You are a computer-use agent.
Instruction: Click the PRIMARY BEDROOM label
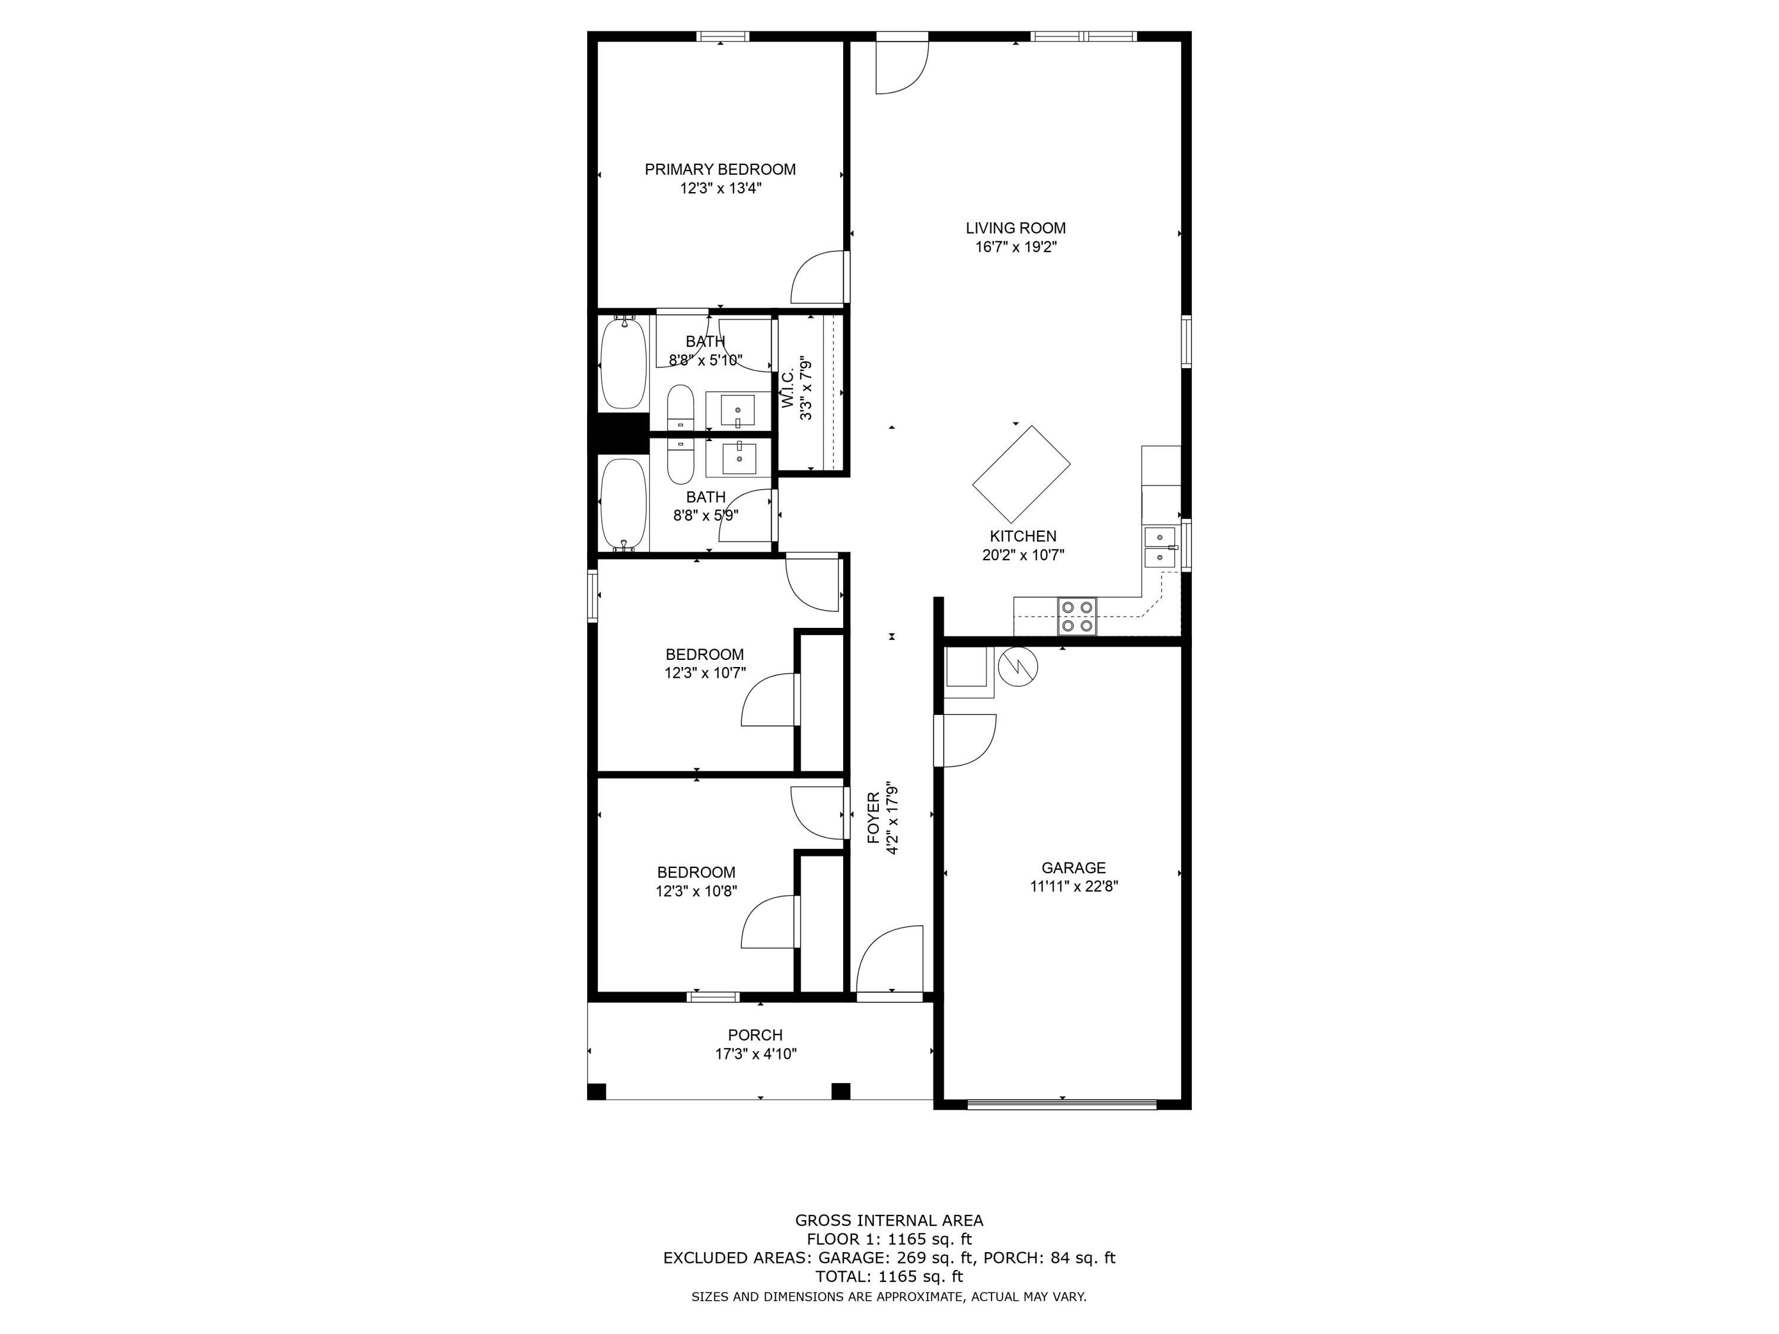point(720,170)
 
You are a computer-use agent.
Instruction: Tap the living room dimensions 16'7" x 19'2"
point(1016,247)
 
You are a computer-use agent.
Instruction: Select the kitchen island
point(1021,474)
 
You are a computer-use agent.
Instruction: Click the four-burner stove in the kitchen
point(1077,616)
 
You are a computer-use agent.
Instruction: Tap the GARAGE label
point(1074,867)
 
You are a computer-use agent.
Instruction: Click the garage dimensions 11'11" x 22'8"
point(1074,886)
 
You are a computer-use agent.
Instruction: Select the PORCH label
point(755,1035)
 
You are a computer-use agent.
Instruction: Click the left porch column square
point(597,1091)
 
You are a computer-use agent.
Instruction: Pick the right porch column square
point(840,1091)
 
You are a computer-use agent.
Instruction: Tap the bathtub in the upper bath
point(623,363)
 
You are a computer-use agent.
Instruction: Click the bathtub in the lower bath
point(623,504)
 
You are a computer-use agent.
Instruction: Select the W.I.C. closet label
point(788,388)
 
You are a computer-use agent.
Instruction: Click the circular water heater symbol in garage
point(1018,666)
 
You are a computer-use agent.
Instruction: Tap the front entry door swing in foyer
point(889,959)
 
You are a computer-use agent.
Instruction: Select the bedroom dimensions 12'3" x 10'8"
point(697,891)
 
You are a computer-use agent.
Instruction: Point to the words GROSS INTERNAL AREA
point(889,1221)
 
